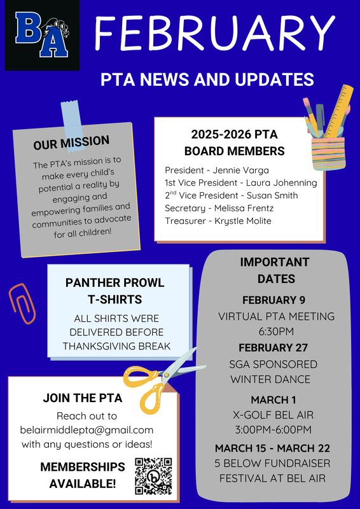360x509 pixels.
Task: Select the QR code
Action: click(154, 475)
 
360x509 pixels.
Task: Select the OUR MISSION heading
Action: click(71, 143)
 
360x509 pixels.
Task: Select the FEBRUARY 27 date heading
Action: click(273, 347)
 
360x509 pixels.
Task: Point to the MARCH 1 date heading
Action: click(273, 400)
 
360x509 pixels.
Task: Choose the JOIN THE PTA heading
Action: click(83, 398)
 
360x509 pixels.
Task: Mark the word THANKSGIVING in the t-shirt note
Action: click(98, 345)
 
